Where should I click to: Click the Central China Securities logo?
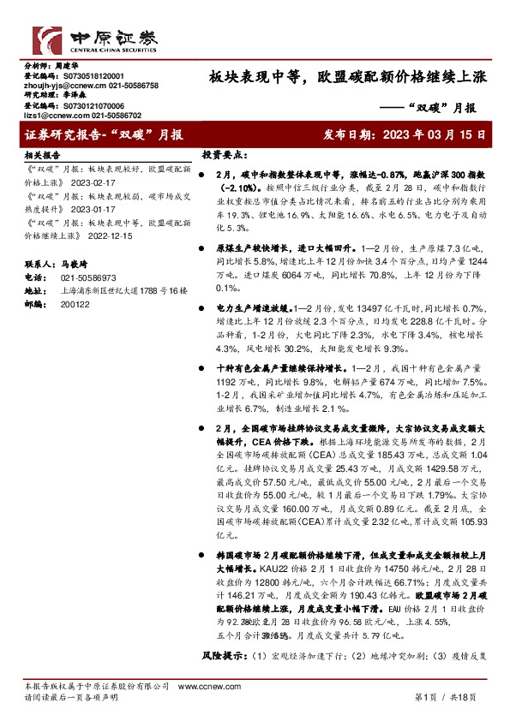point(86,39)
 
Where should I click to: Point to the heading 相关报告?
point(42,156)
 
